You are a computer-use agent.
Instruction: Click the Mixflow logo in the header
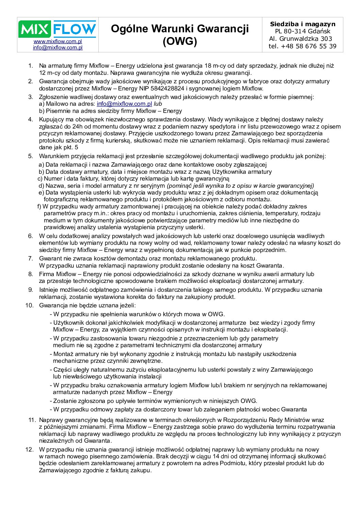(57, 29)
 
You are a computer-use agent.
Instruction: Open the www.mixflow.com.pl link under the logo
(58, 41)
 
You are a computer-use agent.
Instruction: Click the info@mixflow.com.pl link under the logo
(58, 48)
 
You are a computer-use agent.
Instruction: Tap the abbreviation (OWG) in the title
(180, 41)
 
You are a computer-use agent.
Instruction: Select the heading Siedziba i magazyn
(302, 24)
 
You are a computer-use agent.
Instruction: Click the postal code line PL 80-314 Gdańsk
(302, 31)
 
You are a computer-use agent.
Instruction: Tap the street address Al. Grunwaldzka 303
(300, 39)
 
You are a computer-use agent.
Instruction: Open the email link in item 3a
(124, 104)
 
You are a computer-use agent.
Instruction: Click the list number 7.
(31, 258)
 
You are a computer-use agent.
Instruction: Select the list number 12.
(29, 449)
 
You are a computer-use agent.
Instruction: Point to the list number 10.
(29, 305)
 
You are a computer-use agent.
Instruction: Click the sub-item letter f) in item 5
(39, 206)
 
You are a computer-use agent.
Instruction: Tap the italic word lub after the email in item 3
(158, 104)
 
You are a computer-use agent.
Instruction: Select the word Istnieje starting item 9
(49, 290)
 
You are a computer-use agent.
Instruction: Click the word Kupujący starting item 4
(51, 119)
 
